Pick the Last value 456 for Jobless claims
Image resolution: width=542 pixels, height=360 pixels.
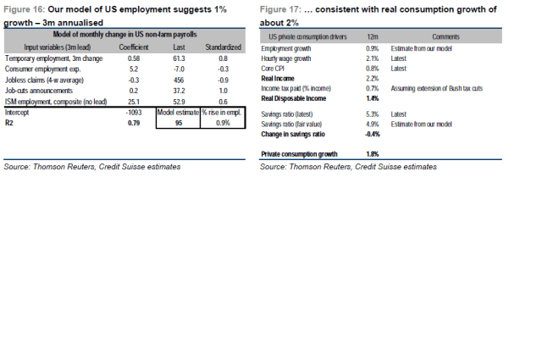[178, 80]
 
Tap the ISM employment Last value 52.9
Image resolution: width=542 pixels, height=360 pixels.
[178, 102]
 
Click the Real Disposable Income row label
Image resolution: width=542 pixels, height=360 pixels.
[294, 98]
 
